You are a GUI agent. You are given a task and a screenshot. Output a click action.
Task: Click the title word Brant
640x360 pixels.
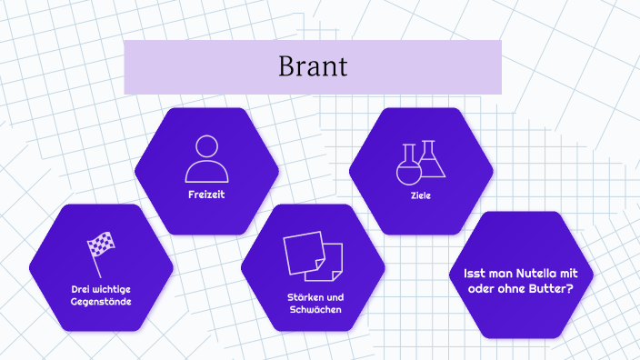point(313,67)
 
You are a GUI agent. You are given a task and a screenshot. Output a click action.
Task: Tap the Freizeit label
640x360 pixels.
point(206,195)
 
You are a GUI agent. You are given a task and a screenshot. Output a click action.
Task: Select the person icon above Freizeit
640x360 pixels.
point(206,160)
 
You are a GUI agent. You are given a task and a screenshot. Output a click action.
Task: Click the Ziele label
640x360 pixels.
point(421,195)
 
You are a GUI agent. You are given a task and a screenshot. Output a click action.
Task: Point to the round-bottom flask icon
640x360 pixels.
point(410,165)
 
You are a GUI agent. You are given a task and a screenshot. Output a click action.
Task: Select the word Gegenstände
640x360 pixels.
point(101,301)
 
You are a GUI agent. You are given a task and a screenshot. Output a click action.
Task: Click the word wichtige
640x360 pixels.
point(110,288)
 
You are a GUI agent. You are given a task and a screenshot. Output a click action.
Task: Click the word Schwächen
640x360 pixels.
point(313,310)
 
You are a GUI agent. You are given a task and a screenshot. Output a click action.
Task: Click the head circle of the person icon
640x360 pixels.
point(206,146)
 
